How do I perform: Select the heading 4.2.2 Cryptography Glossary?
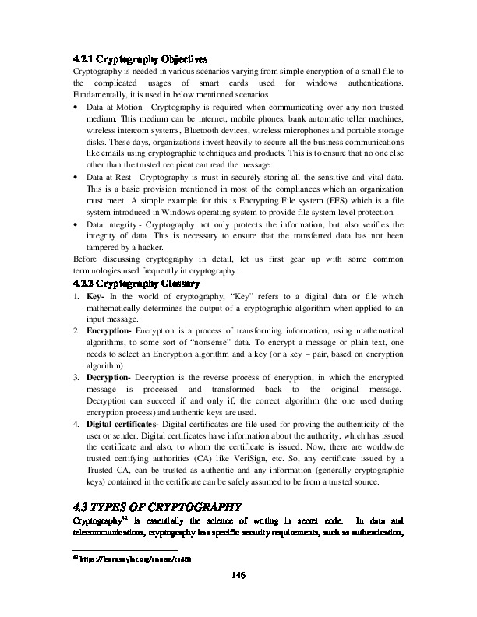coord(137,283)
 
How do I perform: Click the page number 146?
coord(238,597)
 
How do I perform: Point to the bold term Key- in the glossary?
coord(97,297)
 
